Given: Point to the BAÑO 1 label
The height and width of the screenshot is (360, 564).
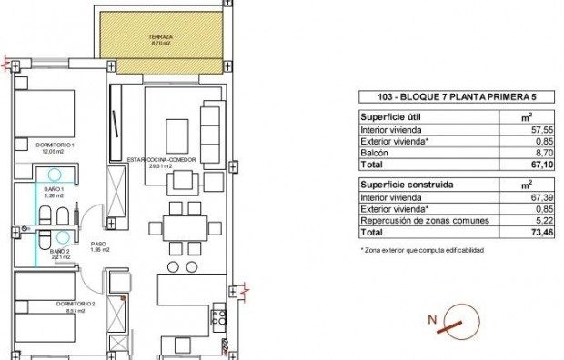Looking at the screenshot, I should click(54, 190).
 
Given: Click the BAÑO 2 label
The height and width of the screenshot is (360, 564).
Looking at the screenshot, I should click(57, 254).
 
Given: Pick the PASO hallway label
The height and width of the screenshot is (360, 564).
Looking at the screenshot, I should click(98, 245).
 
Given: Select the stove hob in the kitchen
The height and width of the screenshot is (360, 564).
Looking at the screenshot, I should click(218, 318).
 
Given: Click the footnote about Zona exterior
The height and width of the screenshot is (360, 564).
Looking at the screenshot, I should click(422, 249).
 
